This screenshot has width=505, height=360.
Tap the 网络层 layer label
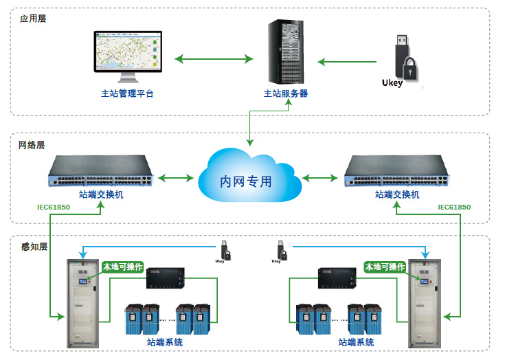point(32,145)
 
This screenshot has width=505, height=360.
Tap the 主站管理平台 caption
point(127,93)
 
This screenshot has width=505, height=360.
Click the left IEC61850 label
point(55,207)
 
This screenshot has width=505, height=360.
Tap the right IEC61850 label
point(454,207)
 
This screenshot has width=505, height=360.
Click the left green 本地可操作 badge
point(122,267)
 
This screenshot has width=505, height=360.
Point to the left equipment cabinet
point(81,302)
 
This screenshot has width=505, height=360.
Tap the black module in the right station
point(337,278)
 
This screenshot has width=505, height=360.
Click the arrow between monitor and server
point(214,59)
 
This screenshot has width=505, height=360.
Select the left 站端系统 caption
point(165,341)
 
